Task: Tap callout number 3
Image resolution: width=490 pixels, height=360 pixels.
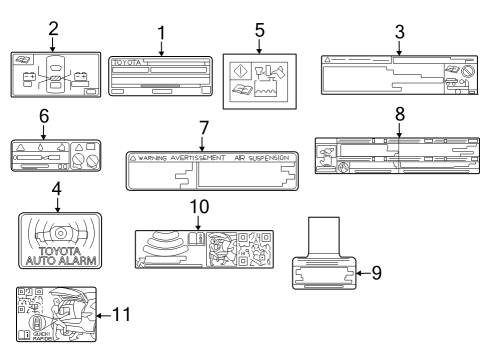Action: coord(399,31)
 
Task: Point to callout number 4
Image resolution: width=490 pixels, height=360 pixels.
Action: coord(56,188)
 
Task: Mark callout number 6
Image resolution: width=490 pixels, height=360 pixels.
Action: coord(43,117)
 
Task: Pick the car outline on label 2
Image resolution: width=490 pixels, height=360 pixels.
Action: coord(56,71)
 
